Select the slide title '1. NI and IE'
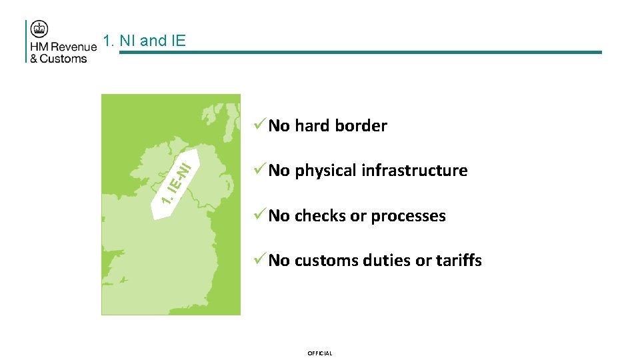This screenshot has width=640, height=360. coord(145,41)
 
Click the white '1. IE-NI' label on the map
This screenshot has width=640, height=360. coord(174,181)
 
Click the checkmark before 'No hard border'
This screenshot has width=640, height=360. coord(259,125)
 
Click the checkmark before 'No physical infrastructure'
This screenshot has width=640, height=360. coord(259,170)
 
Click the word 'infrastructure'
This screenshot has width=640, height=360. coord(416,171)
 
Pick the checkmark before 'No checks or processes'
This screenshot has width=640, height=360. coord(259,215)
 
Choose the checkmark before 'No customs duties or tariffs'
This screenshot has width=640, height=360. coord(259,260)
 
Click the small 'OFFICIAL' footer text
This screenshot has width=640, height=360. coord(319,353)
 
